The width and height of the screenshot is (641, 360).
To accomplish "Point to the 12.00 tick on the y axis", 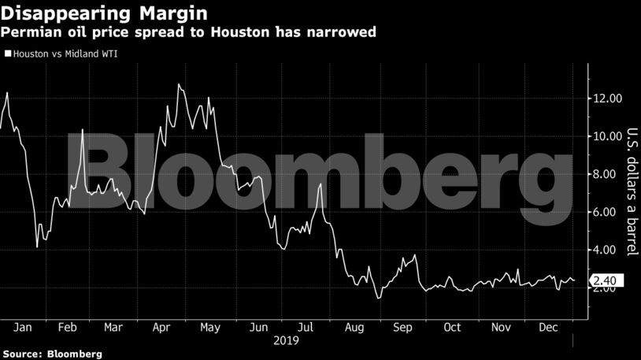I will pyautogui.click(x=608, y=98).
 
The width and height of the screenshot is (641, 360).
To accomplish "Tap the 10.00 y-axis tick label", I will pyautogui.click(x=608, y=136).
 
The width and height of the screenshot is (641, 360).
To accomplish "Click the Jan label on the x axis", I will pyautogui.click(x=22, y=327).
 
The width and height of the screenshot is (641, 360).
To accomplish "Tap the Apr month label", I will pyautogui.click(x=161, y=327).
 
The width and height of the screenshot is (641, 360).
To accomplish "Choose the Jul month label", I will pyautogui.click(x=306, y=327).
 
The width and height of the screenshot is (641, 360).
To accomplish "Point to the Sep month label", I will pyautogui.click(x=402, y=327).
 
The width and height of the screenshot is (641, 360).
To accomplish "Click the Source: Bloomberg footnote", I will pyautogui.click(x=52, y=354).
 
